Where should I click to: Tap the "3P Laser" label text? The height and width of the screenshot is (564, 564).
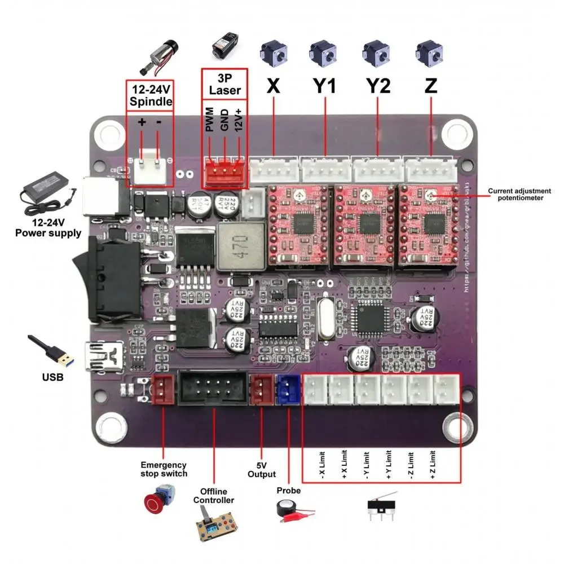[x=225, y=84]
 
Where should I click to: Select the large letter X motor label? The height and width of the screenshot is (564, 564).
[x=274, y=85]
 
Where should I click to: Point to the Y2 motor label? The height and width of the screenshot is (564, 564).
[x=378, y=86]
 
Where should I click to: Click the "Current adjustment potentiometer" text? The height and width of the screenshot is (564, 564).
[x=519, y=195]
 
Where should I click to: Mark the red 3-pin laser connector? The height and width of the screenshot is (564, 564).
[x=224, y=175]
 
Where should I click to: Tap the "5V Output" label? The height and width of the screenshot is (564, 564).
[x=261, y=470]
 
